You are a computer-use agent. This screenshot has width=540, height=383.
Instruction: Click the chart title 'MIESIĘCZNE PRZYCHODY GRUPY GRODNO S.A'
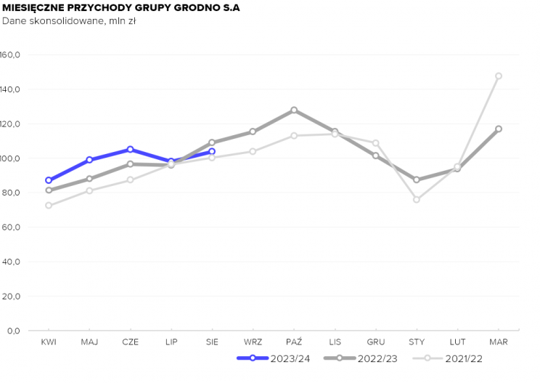(x=120, y=7)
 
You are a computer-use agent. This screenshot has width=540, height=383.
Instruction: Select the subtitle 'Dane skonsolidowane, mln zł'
(x=69, y=21)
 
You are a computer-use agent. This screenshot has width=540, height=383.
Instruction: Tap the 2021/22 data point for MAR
(x=499, y=76)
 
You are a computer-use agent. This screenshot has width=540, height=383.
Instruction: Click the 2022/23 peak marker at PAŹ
(x=294, y=110)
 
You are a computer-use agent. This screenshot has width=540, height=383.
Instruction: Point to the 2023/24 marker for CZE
(x=130, y=149)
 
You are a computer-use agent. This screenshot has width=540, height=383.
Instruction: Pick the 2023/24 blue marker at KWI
(x=49, y=180)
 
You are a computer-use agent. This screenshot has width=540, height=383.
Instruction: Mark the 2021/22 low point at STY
(x=417, y=199)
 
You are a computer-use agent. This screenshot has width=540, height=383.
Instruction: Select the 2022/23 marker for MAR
(x=499, y=129)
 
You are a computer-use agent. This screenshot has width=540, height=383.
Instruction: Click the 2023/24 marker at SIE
(x=212, y=151)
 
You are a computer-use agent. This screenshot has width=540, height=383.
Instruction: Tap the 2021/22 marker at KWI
(x=49, y=206)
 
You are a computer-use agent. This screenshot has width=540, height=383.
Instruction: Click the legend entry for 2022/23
(x=361, y=358)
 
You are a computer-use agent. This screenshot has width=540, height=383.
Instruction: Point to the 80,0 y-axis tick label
(x=11, y=193)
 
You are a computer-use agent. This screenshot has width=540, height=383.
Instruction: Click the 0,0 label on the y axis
(x=13, y=331)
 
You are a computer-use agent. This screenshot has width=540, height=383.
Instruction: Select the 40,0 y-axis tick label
(x=11, y=262)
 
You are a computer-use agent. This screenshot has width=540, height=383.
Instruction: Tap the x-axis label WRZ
(x=253, y=341)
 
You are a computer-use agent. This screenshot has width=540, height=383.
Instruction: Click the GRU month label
(x=376, y=341)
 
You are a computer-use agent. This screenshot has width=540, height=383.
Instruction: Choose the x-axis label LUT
(x=457, y=341)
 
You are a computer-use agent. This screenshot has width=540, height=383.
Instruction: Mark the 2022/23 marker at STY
(x=417, y=180)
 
